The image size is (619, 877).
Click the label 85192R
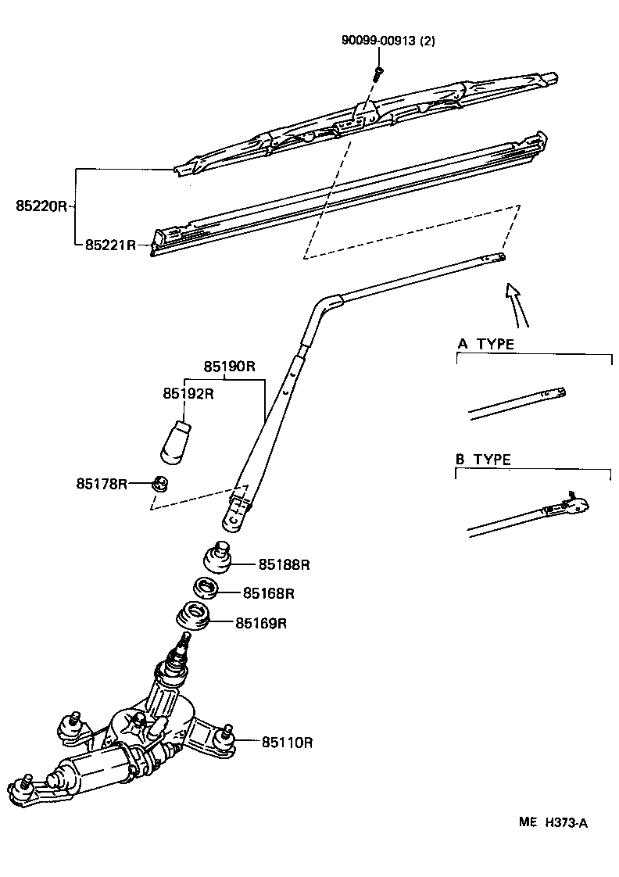tap(188, 393)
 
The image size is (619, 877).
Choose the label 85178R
tap(102, 484)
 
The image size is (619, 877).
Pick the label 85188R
tap(284, 564)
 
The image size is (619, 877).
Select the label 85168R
tap(268, 593)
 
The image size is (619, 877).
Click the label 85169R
tap(262, 623)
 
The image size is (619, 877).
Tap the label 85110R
tap(287, 742)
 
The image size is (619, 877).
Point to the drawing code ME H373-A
tap(553, 822)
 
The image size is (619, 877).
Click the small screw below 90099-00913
tap(378, 73)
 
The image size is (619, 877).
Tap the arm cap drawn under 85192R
tap(177, 442)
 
